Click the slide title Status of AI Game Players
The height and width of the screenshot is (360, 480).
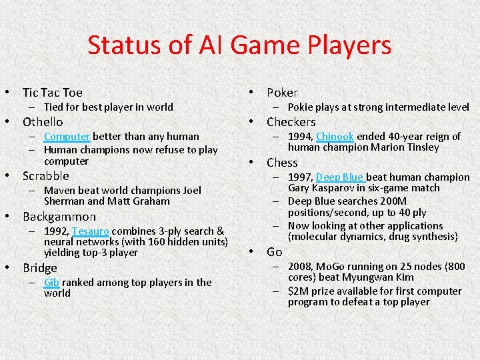pos(239,45)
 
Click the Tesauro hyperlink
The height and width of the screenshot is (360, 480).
pos(91,231)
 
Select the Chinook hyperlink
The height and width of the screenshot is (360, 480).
pos(335,136)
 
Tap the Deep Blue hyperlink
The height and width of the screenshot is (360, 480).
pos(340,177)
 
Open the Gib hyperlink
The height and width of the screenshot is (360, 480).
pos(51,282)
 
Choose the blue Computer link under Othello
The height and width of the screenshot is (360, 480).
pos(67,136)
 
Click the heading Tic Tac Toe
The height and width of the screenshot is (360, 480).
pos(53,93)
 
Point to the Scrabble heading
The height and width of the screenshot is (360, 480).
pos(46,176)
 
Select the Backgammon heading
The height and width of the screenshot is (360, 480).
pos(59,217)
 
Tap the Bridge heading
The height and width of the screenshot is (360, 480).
pos(40,268)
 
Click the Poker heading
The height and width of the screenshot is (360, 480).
pos(282,93)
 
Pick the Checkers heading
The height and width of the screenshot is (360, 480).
pos(291,122)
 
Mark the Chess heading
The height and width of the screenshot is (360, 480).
pos(282,163)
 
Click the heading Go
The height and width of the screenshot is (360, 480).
pos(274,252)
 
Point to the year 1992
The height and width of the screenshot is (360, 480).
pos(55,231)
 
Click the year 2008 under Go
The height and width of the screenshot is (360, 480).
pos(300,266)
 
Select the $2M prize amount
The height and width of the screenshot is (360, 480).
pos(299,291)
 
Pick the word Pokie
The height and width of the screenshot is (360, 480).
pos(301,107)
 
